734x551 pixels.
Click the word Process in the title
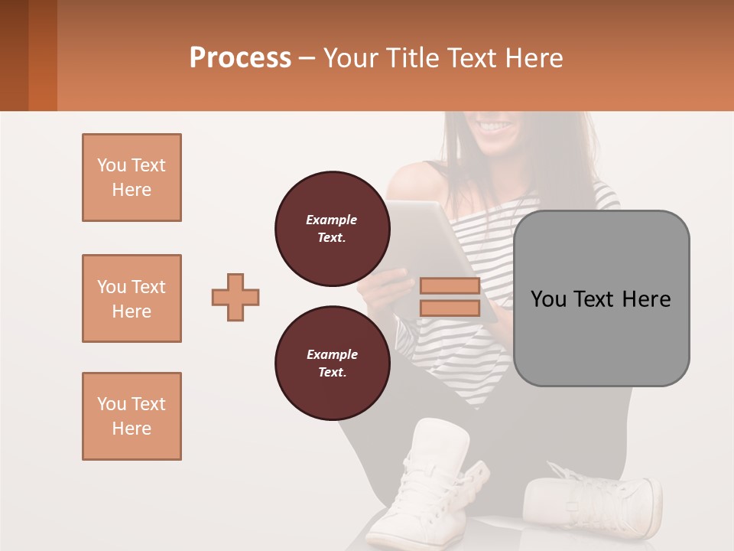coord(240,58)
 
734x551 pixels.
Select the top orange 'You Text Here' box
coord(132,178)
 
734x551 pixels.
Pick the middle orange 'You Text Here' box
coord(132,298)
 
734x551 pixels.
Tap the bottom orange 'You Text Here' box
coord(132,416)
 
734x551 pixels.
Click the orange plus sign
coord(235,297)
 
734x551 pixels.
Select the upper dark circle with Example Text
coord(332,229)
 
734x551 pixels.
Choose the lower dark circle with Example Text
coord(332,364)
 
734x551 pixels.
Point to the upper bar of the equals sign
coord(450,286)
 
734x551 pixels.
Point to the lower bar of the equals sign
coord(450,308)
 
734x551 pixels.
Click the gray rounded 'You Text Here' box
coord(601,298)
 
